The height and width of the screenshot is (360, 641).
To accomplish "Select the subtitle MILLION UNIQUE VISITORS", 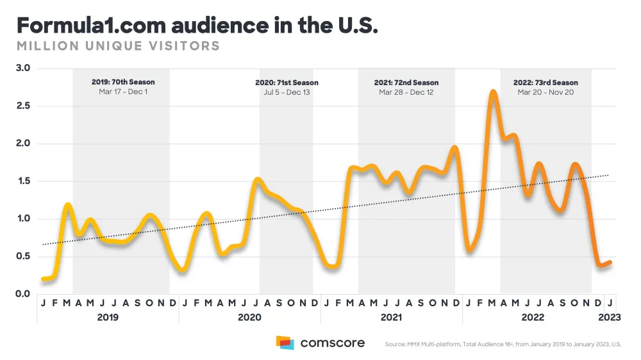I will (x=118, y=46).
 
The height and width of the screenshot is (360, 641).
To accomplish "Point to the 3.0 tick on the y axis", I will (x=23, y=69).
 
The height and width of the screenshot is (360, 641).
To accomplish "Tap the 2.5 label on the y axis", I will (x=23, y=106).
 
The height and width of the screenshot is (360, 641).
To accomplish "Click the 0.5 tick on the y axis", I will (x=23, y=257).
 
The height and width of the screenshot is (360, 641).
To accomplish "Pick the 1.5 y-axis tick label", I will (x=23, y=181).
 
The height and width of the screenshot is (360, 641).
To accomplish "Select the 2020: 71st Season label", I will (x=287, y=83).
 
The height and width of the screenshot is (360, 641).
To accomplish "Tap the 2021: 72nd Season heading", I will (x=406, y=83).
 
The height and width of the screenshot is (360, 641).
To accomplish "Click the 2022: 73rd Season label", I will (x=545, y=83).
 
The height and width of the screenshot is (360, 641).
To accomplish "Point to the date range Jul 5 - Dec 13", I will (x=287, y=92).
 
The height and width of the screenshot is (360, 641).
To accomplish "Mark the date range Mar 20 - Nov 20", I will (x=545, y=92).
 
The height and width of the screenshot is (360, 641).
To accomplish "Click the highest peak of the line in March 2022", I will (x=493, y=92).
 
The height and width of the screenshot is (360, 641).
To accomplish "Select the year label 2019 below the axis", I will (x=108, y=318).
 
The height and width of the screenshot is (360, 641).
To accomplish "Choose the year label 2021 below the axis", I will (x=391, y=318).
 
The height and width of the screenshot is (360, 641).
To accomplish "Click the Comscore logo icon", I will (x=285, y=343).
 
